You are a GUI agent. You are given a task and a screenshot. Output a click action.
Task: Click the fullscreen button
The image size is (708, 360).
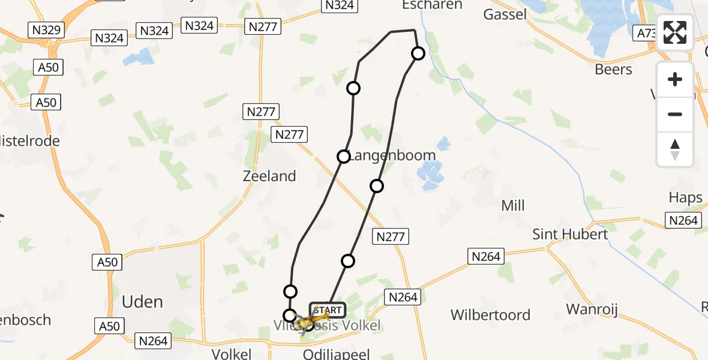click(675, 32)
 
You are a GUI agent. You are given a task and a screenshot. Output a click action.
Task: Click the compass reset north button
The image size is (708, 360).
click(675, 149)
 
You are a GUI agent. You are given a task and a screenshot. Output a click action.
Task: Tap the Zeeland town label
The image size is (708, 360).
click(269, 176)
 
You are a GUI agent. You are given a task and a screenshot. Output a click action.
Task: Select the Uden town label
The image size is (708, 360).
click(142, 301)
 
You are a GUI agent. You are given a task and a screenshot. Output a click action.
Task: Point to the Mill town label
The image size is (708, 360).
click(512, 206)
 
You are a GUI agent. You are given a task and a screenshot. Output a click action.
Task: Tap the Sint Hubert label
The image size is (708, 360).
click(571, 234)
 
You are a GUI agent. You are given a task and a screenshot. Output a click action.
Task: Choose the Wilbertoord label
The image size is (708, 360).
click(490, 315)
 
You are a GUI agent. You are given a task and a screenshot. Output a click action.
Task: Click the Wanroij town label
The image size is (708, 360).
click(592, 310)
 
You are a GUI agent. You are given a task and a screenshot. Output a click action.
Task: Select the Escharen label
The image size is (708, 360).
click(433, 5)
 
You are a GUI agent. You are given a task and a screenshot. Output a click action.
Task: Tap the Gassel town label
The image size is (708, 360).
click(505, 14)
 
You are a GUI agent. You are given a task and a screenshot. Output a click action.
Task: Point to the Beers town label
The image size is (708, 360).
click(613, 70)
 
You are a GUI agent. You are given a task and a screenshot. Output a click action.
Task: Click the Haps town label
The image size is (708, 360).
click(685, 197)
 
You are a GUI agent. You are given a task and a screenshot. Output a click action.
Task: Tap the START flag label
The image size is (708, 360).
click(328, 310)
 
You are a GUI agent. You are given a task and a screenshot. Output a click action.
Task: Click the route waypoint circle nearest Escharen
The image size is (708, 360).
click(418, 53)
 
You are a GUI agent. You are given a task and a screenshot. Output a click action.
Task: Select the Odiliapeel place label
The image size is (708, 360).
click(336, 353)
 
